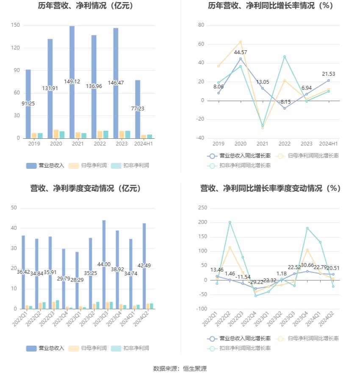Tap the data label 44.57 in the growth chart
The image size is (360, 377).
point(240,52)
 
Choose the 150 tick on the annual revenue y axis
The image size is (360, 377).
point(15,25)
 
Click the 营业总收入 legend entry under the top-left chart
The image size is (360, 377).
point(45,165)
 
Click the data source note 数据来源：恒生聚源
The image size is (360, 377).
point(180,369)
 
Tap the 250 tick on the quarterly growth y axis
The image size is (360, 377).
point(202,208)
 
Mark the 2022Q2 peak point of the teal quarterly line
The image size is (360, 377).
point(230,222)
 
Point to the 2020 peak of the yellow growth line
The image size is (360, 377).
point(240,41)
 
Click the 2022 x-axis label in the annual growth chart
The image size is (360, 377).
point(284,144)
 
